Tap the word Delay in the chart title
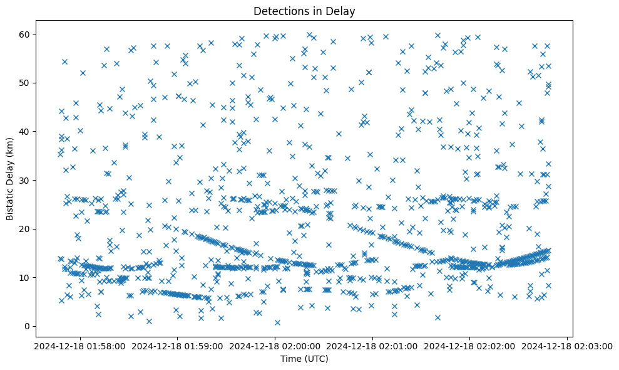tap(342, 11)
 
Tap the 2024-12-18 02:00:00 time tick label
tap(274, 346)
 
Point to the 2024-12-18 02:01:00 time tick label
tap(372, 346)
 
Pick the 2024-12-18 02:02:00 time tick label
tap(470, 346)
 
